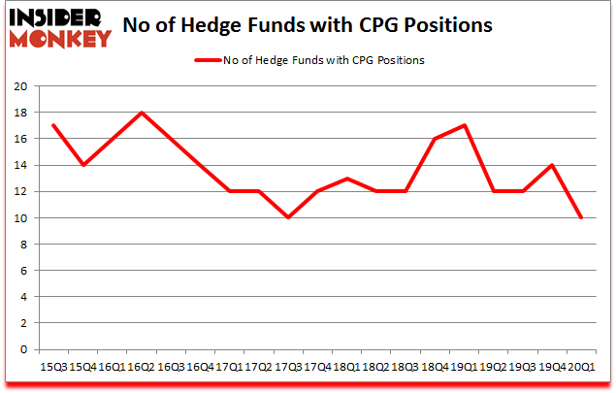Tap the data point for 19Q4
click(553, 165)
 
